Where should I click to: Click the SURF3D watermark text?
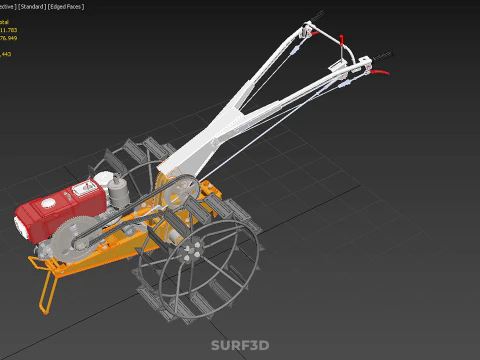(x=240, y=346)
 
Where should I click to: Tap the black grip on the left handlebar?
(x=320, y=16)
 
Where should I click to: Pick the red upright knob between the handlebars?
(x=343, y=44)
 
